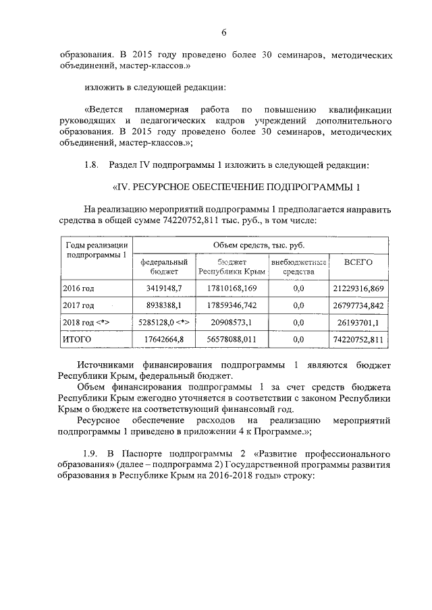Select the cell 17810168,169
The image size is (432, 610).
(232, 288)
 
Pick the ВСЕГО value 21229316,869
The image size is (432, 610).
(358, 288)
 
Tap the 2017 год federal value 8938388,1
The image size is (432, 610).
(160, 305)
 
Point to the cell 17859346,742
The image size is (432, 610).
(232, 305)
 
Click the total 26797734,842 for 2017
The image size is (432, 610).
(358, 305)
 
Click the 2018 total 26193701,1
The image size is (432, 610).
(362, 323)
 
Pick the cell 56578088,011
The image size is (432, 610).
(232, 340)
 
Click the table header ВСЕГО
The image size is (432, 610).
(358, 262)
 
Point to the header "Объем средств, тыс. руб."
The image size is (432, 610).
(261, 245)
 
